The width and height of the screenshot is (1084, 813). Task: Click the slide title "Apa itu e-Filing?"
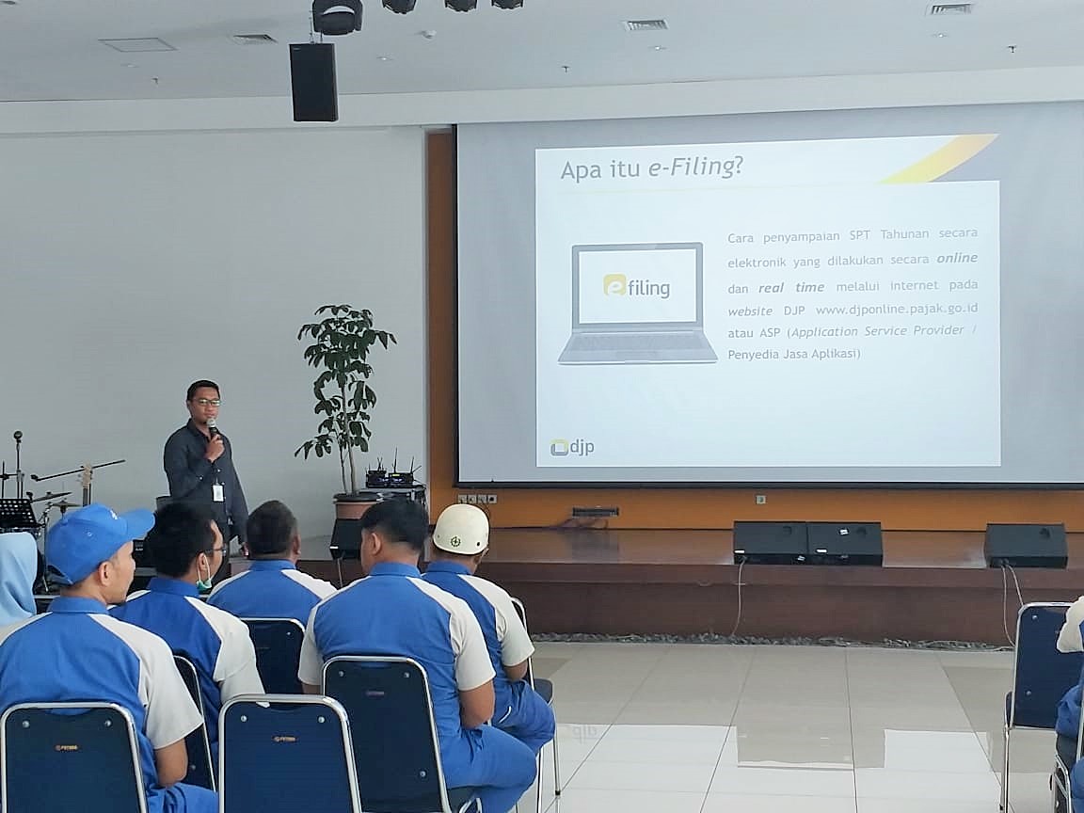click(651, 168)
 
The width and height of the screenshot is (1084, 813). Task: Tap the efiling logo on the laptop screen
click(637, 286)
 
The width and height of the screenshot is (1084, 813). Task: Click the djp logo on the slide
click(572, 447)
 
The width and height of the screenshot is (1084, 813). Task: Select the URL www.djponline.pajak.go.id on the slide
click(897, 309)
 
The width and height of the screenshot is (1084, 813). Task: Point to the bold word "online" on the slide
click(957, 258)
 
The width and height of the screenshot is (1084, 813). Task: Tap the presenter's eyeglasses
click(206, 402)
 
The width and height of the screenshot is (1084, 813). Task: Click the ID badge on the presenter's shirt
click(217, 492)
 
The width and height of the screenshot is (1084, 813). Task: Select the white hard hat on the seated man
click(460, 529)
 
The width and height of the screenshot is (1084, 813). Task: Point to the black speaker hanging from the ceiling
click(314, 82)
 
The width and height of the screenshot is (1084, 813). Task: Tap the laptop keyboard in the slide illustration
click(636, 343)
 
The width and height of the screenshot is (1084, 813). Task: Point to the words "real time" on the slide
click(791, 288)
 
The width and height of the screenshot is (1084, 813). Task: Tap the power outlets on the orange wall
click(477, 499)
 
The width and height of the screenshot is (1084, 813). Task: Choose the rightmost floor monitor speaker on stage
click(1026, 545)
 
